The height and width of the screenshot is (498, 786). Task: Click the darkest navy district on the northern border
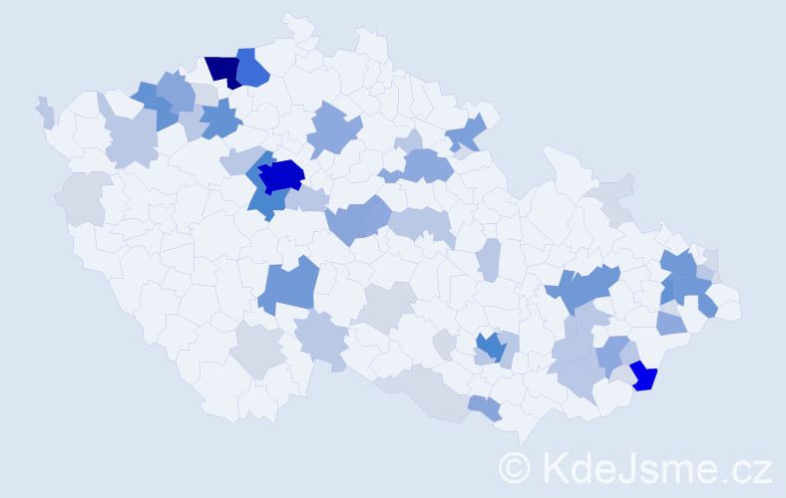[x=224, y=71]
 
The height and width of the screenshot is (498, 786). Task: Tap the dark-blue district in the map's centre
[x=281, y=175]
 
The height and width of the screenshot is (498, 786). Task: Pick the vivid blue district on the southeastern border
[x=645, y=376]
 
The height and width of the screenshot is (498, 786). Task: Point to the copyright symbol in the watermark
[x=516, y=467]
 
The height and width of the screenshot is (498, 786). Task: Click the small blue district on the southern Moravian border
[x=486, y=407]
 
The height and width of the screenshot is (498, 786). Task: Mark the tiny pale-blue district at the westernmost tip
[x=45, y=112]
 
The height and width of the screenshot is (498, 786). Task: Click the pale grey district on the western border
[x=83, y=197]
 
